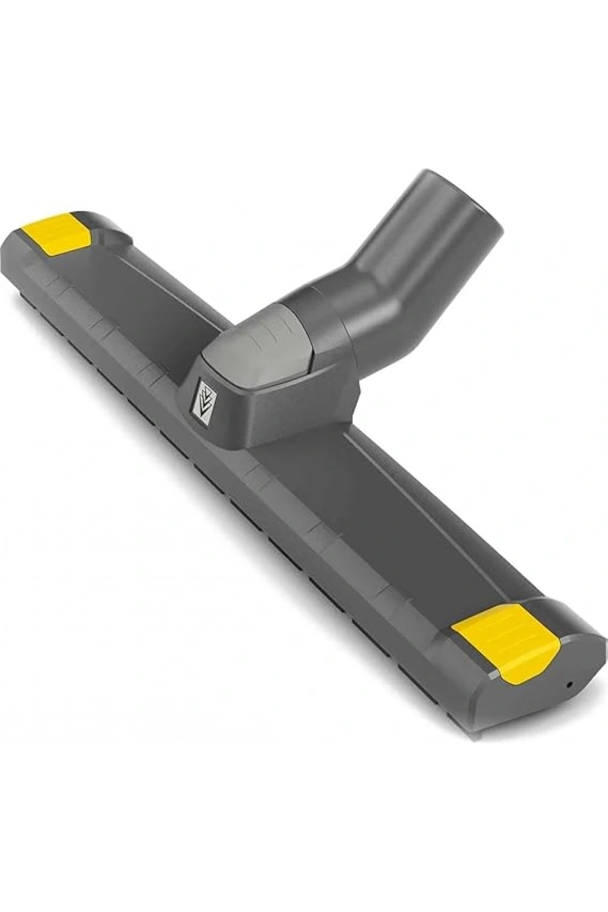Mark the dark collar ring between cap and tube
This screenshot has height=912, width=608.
point(324,324)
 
